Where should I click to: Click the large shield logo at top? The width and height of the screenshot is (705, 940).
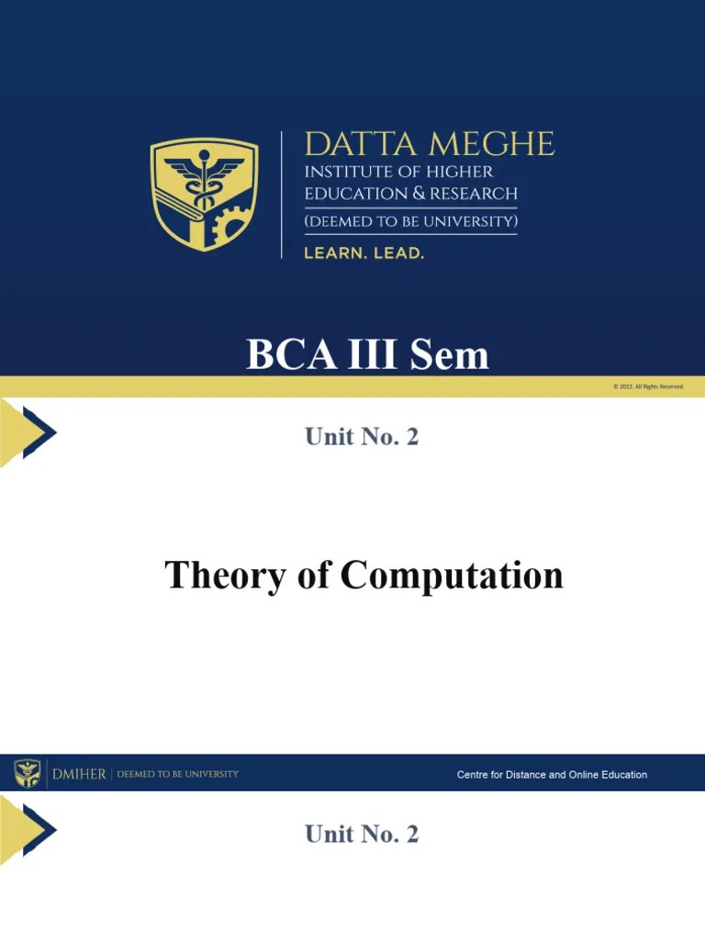coord(204,194)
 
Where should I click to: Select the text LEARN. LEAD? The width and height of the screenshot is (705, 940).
coord(364,252)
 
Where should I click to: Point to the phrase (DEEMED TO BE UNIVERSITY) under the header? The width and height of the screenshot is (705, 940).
coord(410,222)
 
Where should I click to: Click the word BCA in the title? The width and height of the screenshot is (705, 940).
coord(283,355)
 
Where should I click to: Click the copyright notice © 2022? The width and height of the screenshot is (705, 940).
coord(648,386)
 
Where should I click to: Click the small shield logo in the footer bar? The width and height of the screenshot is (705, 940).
coord(27,774)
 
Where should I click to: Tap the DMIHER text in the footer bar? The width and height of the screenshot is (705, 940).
coord(79,774)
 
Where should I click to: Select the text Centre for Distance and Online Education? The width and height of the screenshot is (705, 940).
coord(552,775)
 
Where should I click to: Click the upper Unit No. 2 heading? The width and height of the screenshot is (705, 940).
coord(362,437)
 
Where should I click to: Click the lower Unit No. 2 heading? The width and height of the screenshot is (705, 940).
coord(362,834)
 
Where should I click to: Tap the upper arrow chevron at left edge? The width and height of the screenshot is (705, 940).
coord(28,431)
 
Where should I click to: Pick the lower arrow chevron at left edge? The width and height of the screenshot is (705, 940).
coord(28,829)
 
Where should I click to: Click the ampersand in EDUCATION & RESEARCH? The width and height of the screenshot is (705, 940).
coord(420,194)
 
